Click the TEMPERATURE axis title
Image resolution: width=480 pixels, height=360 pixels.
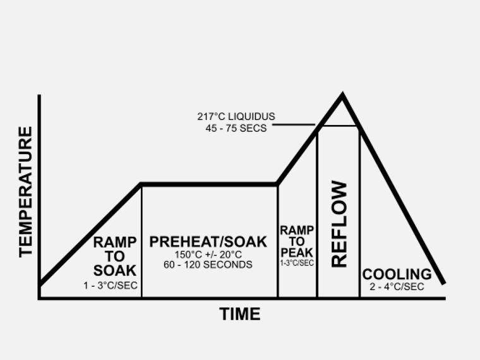point(25,191)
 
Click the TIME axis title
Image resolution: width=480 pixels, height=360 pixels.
point(239,314)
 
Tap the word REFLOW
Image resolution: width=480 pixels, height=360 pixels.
point(339,224)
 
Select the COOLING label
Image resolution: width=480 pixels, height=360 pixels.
point(397,274)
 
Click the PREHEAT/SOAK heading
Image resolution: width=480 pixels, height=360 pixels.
point(208,241)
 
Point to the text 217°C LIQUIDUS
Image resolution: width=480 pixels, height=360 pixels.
point(236,117)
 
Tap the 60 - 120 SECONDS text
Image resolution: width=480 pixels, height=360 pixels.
point(208,265)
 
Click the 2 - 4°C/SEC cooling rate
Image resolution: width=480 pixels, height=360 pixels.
point(397,287)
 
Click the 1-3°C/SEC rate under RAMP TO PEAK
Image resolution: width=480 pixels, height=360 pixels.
point(297,263)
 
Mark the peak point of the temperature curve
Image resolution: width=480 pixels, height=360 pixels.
point(342,96)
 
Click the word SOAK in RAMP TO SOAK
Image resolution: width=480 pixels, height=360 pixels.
point(114,270)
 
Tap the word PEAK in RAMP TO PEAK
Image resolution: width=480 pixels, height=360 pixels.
point(297,252)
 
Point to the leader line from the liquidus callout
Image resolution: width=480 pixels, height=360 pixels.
point(294,124)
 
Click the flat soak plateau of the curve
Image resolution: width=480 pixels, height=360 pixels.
point(208,184)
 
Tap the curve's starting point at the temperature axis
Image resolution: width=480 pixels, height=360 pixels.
point(40,284)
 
